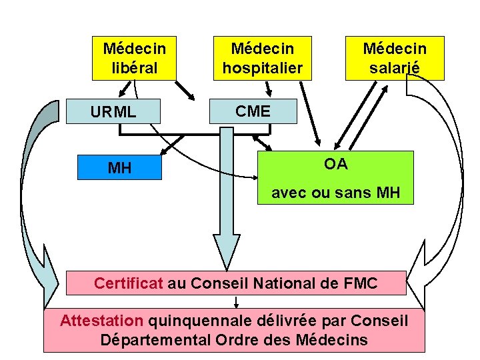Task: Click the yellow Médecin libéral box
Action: point(135,58)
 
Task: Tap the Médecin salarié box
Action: point(394,58)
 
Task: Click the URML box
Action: point(113,112)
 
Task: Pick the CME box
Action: point(253,111)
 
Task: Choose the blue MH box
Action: point(119,167)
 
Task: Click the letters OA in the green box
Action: point(335,164)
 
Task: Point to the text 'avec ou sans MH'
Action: point(335,194)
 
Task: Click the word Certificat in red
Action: point(129,283)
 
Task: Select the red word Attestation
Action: point(101,321)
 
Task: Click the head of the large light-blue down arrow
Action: point(227,246)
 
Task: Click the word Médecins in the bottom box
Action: point(332,339)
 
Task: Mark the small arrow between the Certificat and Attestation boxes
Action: point(237,301)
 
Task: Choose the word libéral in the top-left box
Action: point(135,67)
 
